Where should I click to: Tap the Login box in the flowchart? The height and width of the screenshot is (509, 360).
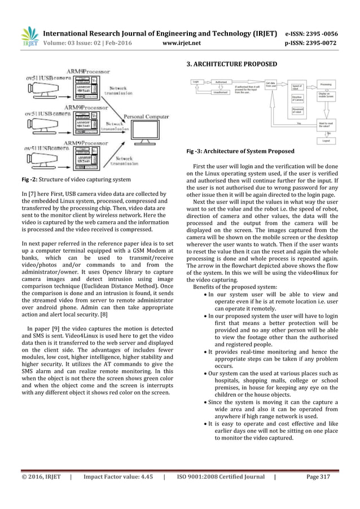tap(196, 82)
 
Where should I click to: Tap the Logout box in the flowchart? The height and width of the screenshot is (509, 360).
tap(326, 142)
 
